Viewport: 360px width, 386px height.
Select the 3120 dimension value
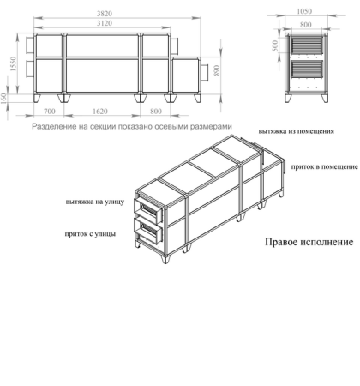coord(104,24)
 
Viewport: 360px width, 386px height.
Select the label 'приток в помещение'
coord(323,167)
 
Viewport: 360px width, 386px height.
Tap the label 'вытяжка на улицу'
coord(95,203)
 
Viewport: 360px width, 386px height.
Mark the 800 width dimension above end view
coord(303,24)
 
